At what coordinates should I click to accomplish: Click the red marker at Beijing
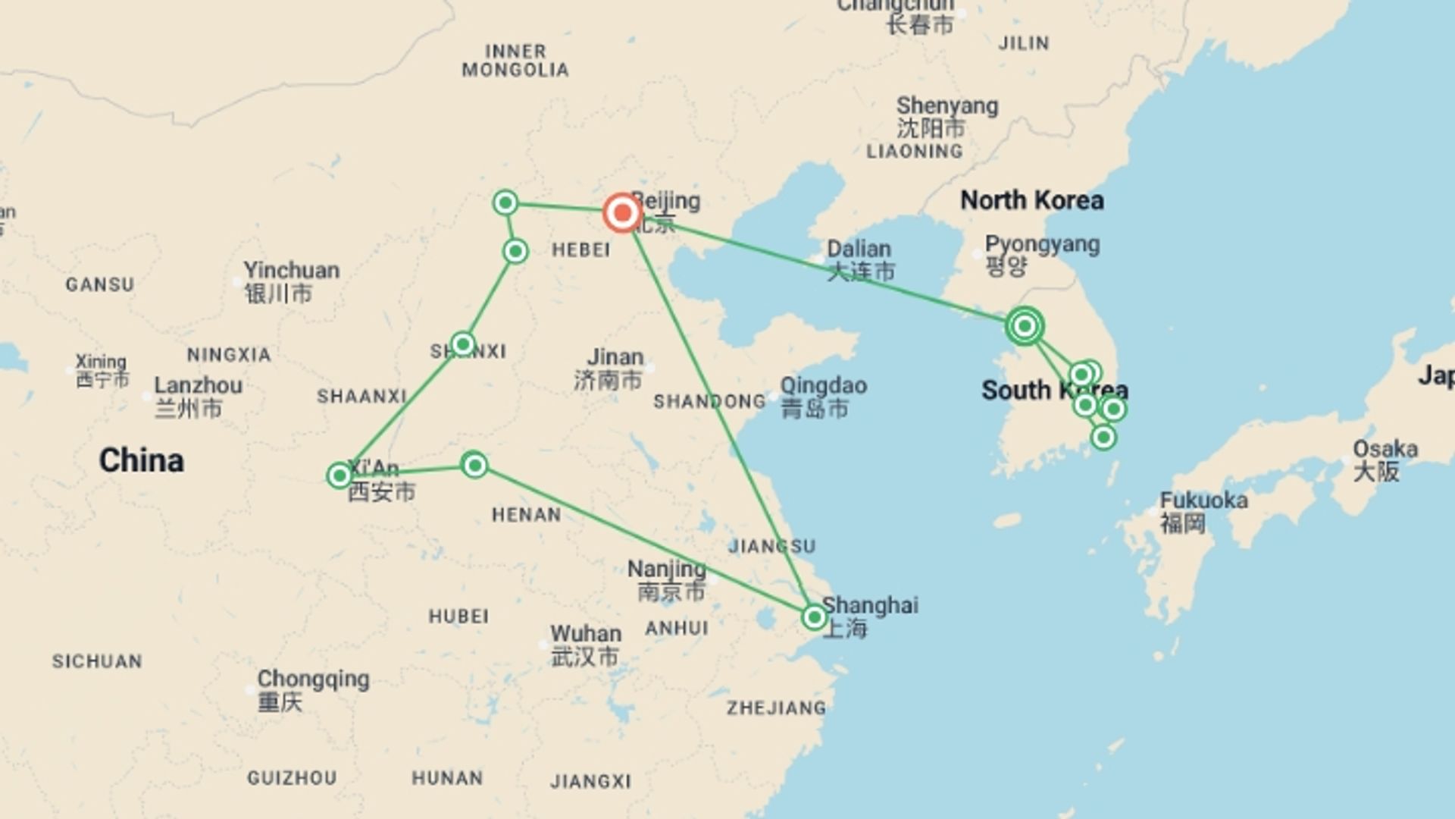coord(622,213)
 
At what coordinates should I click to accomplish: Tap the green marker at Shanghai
coord(814,617)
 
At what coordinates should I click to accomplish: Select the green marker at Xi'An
coord(339,475)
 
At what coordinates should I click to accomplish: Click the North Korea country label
coord(1031,200)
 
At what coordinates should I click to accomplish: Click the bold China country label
coord(142,460)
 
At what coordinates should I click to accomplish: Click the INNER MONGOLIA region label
coord(515,61)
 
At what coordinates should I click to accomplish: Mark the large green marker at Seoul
coord(1025,326)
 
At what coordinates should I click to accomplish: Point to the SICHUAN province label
coord(97,661)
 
